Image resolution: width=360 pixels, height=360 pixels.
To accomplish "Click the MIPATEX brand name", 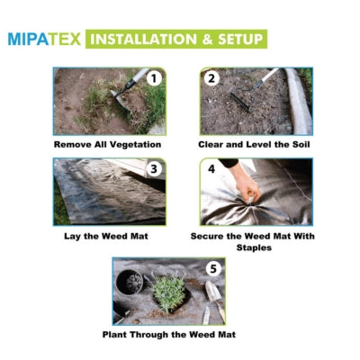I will coord(45,40).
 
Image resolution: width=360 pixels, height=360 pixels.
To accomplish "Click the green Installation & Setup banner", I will coord(176,40).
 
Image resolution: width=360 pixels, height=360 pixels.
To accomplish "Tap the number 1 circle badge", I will coord(153,78).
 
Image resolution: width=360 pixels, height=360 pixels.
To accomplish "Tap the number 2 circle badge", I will coord(212,78).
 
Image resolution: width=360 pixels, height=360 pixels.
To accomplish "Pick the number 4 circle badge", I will coord(212,168).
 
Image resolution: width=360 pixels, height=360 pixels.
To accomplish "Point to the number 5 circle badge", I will coord(212,268).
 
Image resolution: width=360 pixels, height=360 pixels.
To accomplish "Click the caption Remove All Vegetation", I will coord(107,143).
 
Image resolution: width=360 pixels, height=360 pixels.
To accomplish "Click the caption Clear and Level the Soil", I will coord(256,143).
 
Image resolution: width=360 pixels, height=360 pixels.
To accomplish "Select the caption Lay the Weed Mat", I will coord(108,236).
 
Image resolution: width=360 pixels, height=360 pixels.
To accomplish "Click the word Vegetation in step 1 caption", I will coord(135,143).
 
